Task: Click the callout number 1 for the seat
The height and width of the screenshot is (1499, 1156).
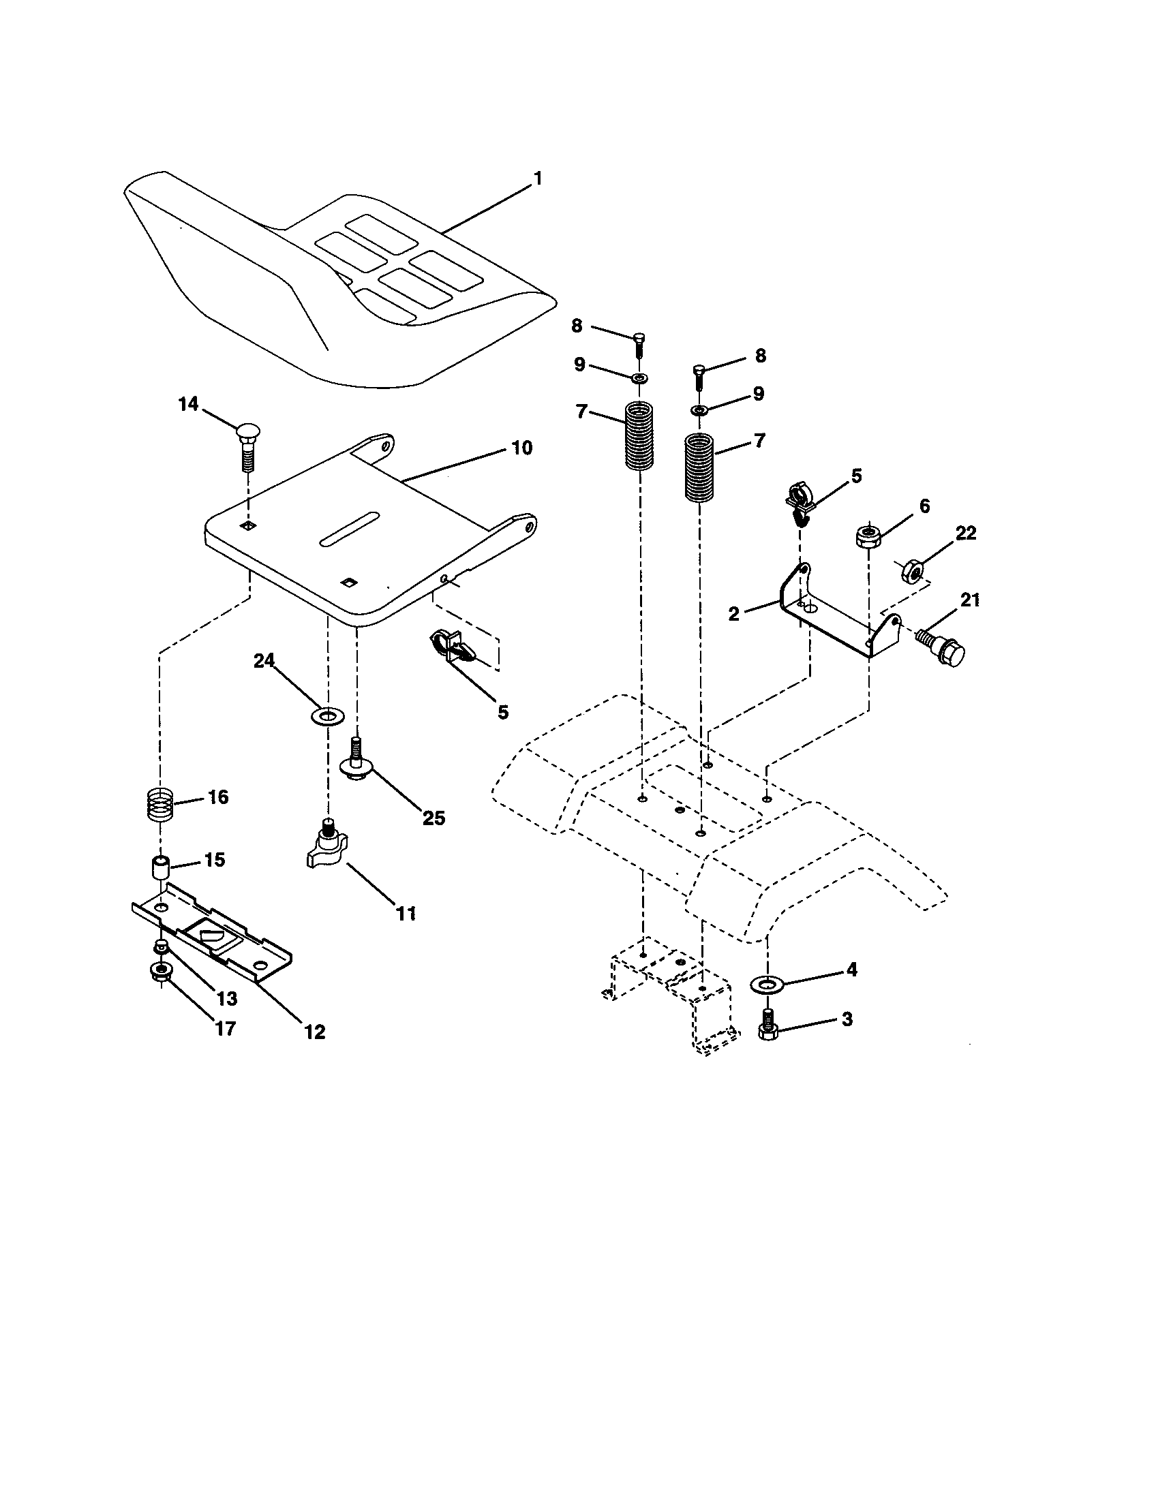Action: (538, 179)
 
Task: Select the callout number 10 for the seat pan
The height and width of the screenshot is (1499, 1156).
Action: (521, 448)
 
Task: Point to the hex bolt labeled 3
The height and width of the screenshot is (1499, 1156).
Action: (767, 1025)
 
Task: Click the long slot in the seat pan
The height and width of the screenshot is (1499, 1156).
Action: (350, 529)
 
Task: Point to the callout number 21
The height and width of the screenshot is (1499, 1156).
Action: (969, 600)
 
